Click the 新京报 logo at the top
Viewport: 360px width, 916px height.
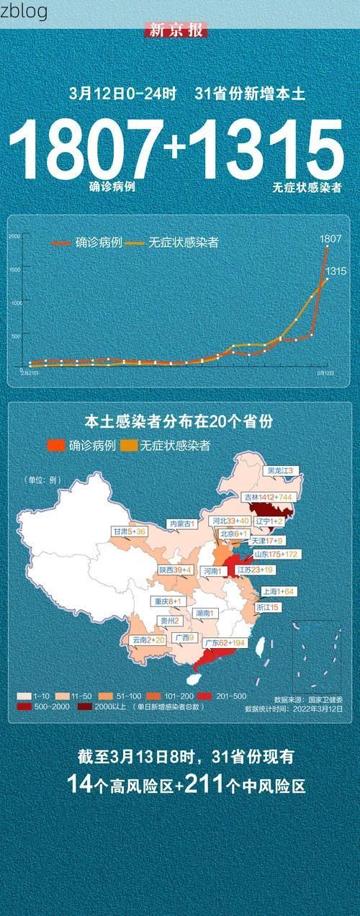176,30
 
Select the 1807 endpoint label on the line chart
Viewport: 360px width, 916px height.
330,238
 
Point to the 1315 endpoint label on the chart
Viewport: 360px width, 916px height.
336,271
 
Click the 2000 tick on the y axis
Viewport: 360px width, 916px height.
14,236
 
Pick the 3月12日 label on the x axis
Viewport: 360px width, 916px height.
325,374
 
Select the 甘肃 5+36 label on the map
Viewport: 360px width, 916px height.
129,531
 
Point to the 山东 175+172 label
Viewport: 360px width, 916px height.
276,554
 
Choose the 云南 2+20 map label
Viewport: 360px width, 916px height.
148,639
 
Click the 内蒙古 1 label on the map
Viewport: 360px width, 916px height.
181,524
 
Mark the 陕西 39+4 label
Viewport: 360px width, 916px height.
175,570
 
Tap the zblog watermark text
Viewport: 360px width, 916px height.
24,11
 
